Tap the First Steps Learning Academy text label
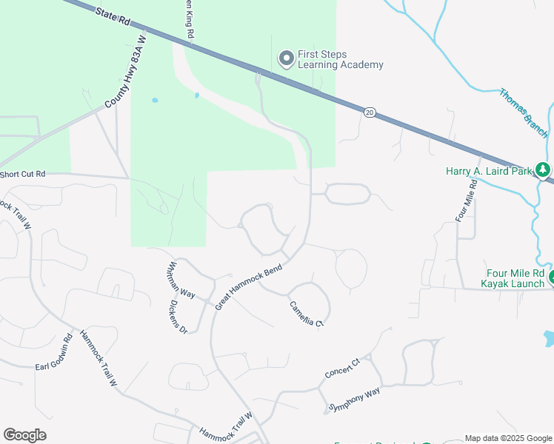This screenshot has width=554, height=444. pos(340,59)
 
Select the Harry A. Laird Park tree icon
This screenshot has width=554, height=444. pos(544,170)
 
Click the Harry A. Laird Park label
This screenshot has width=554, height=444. pos(490,171)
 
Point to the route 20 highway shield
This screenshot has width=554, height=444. pos(369,112)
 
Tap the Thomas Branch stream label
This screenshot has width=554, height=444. pos(523,113)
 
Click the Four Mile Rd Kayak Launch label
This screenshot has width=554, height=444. pos(516,277)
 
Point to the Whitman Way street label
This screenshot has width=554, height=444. pos(181,279)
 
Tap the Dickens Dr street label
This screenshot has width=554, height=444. pos(177,316)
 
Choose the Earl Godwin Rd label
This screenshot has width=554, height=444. pos(56,355)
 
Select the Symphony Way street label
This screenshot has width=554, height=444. pos(354,399)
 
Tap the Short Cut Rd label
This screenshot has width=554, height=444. pos(23,174)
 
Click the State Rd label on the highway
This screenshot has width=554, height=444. pos(112,16)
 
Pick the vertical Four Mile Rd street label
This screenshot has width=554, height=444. pos(465,201)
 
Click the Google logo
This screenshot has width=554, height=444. pos(24,435)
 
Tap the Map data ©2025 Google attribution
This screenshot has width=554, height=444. pos(508,438)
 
